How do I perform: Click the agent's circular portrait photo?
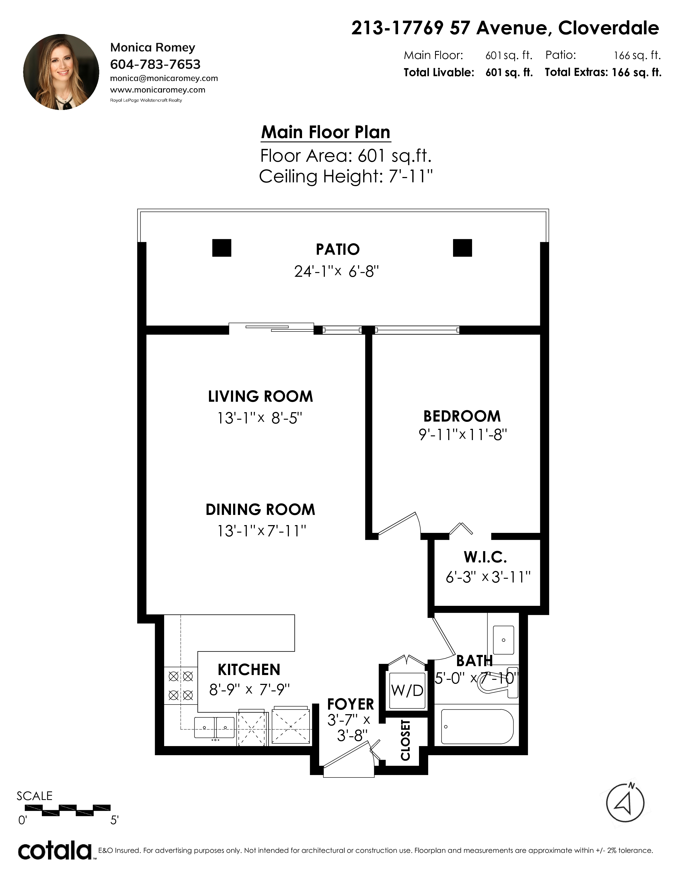click(x=61, y=72)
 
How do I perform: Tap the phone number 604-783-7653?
click(x=155, y=64)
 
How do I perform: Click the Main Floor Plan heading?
click(x=326, y=132)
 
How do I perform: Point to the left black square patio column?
click(x=222, y=248)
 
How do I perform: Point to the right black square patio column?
click(x=462, y=248)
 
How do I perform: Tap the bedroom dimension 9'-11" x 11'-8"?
click(x=463, y=435)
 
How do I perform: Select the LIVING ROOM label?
click(x=260, y=396)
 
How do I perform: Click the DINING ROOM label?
click(x=260, y=509)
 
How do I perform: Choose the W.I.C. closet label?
click(x=486, y=557)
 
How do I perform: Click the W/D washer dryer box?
click(x=407, y=690)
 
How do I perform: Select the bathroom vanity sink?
click(x=503, y=640)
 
